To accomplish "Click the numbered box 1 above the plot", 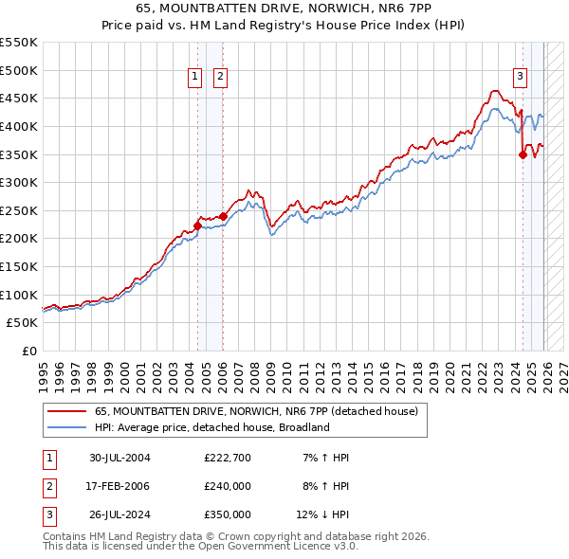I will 195,78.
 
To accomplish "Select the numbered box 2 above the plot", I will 220,78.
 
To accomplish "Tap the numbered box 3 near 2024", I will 521,78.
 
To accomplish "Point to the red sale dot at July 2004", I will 197,225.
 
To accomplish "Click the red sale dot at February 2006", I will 223,216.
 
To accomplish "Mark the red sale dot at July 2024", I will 523,154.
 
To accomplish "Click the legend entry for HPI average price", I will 211,427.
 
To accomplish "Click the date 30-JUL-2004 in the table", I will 119,458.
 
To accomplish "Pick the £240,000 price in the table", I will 228,486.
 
